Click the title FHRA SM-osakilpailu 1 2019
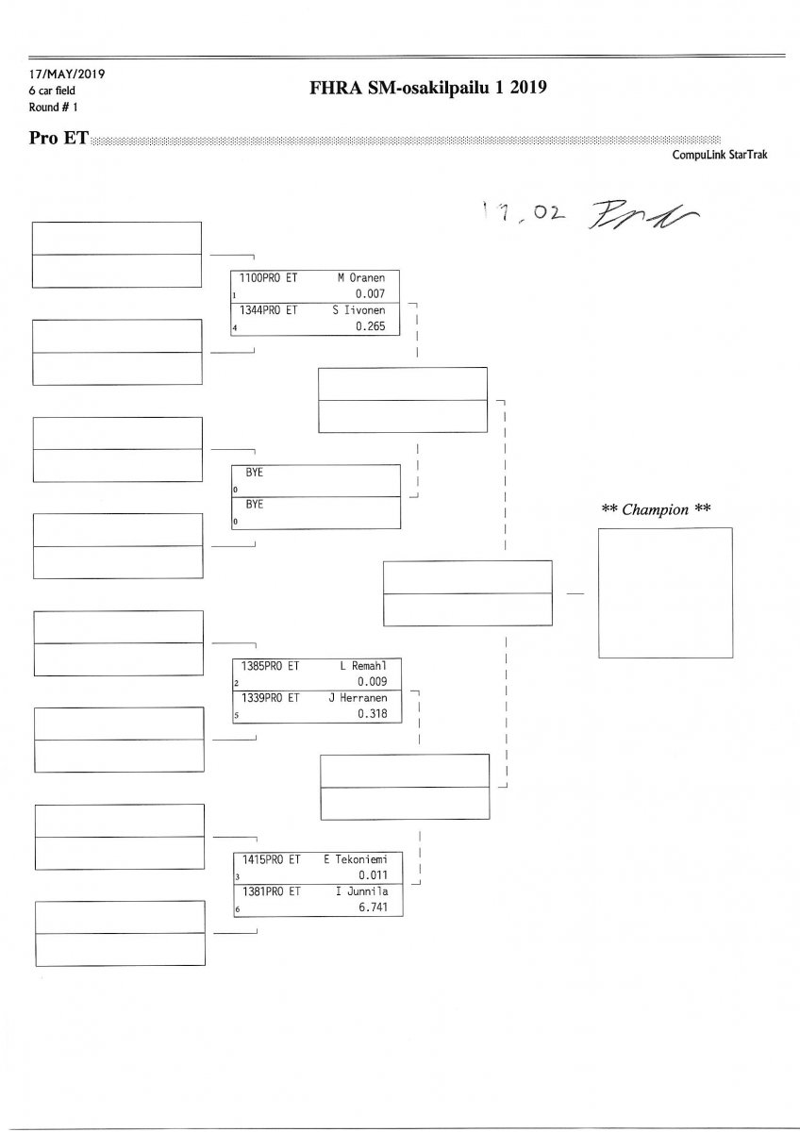[428, 89]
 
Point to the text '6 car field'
[52, 91]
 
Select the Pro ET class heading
[58, 139]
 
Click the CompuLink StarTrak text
[720, 155]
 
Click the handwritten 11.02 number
[522, 214]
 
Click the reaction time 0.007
[375, 294]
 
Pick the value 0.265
[375, 326]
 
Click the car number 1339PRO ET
[271, 698]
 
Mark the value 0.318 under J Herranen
[375, 714]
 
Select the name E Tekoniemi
[361, 859]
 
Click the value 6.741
[375, 907]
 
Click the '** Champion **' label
[656, 509]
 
